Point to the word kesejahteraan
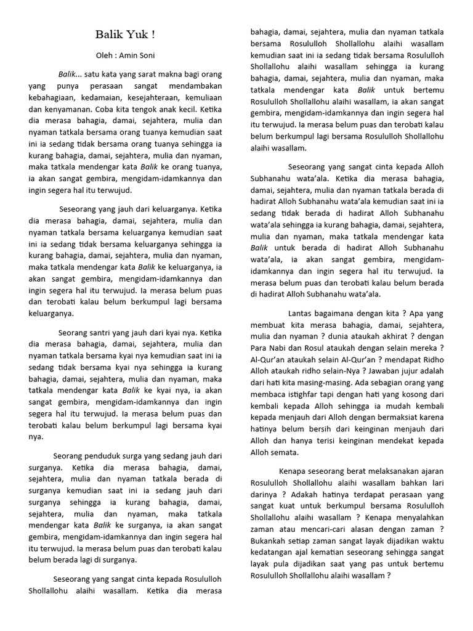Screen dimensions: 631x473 coord(154,97)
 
